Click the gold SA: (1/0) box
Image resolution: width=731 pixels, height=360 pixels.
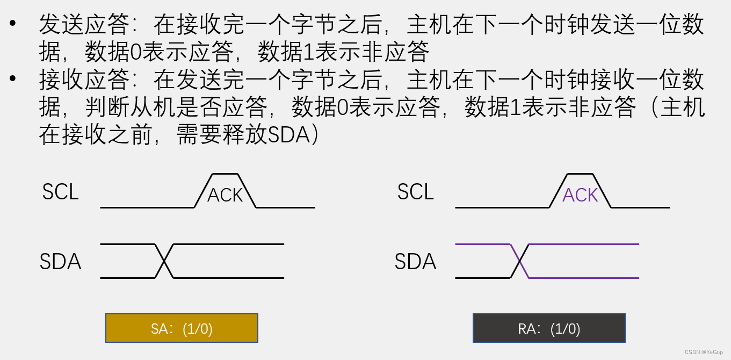182,328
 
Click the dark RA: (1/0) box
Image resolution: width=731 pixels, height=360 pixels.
549,328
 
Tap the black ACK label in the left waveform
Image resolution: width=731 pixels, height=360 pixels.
225,195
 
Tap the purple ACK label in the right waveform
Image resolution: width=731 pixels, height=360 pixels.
580,195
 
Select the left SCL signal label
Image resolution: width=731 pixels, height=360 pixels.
60,192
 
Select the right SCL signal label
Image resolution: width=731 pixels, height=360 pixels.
415,192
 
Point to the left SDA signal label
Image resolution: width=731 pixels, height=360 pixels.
60,262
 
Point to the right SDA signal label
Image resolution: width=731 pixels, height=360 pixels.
415,262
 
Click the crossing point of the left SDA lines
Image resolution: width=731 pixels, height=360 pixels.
164,261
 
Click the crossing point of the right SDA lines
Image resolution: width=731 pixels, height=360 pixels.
519,261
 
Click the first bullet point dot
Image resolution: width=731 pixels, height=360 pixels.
13,24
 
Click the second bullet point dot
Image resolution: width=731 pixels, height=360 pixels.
13,80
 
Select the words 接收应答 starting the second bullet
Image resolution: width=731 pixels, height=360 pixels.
84,80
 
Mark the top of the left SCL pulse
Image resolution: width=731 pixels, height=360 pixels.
225,174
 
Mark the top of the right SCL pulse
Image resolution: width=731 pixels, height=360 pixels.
580,174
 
